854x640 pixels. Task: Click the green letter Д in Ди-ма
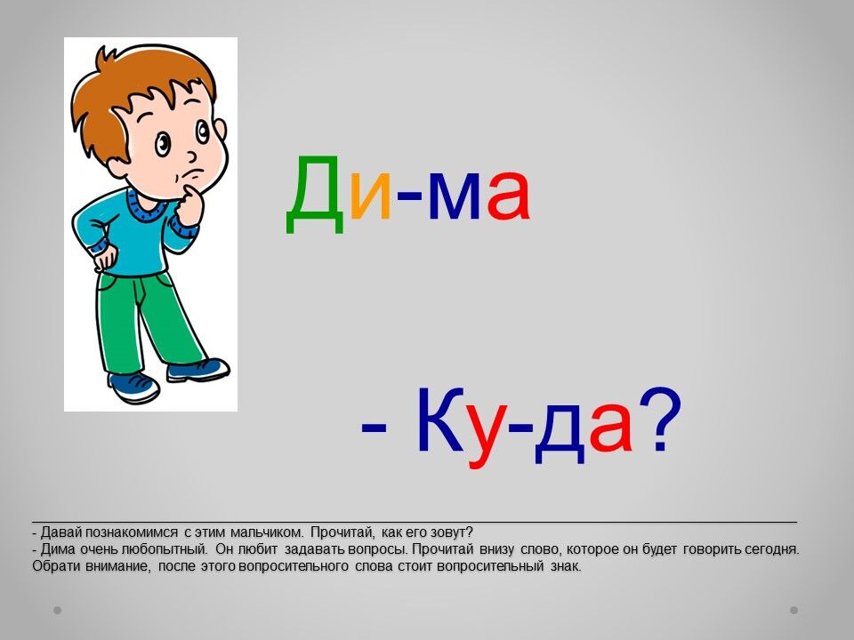tap(315, 195)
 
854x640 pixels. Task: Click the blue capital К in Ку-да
tap(439, 420)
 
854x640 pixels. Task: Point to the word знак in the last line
tap(566, 566)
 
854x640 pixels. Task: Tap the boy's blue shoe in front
tap(134, 387)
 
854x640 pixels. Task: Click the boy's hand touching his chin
tap(189, 205)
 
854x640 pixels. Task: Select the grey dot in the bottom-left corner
tap(57, 610)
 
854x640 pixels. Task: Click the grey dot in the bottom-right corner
tap(794, 610)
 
